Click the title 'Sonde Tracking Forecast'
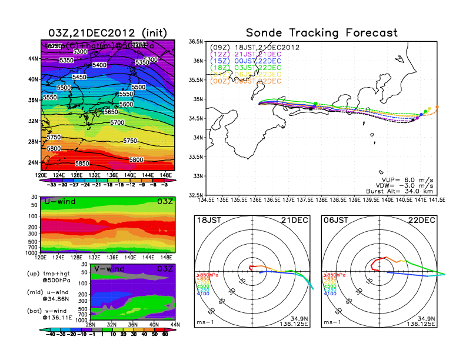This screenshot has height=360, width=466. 322,32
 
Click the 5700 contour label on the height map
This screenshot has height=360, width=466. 118,123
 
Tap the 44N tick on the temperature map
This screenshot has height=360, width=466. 33,59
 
